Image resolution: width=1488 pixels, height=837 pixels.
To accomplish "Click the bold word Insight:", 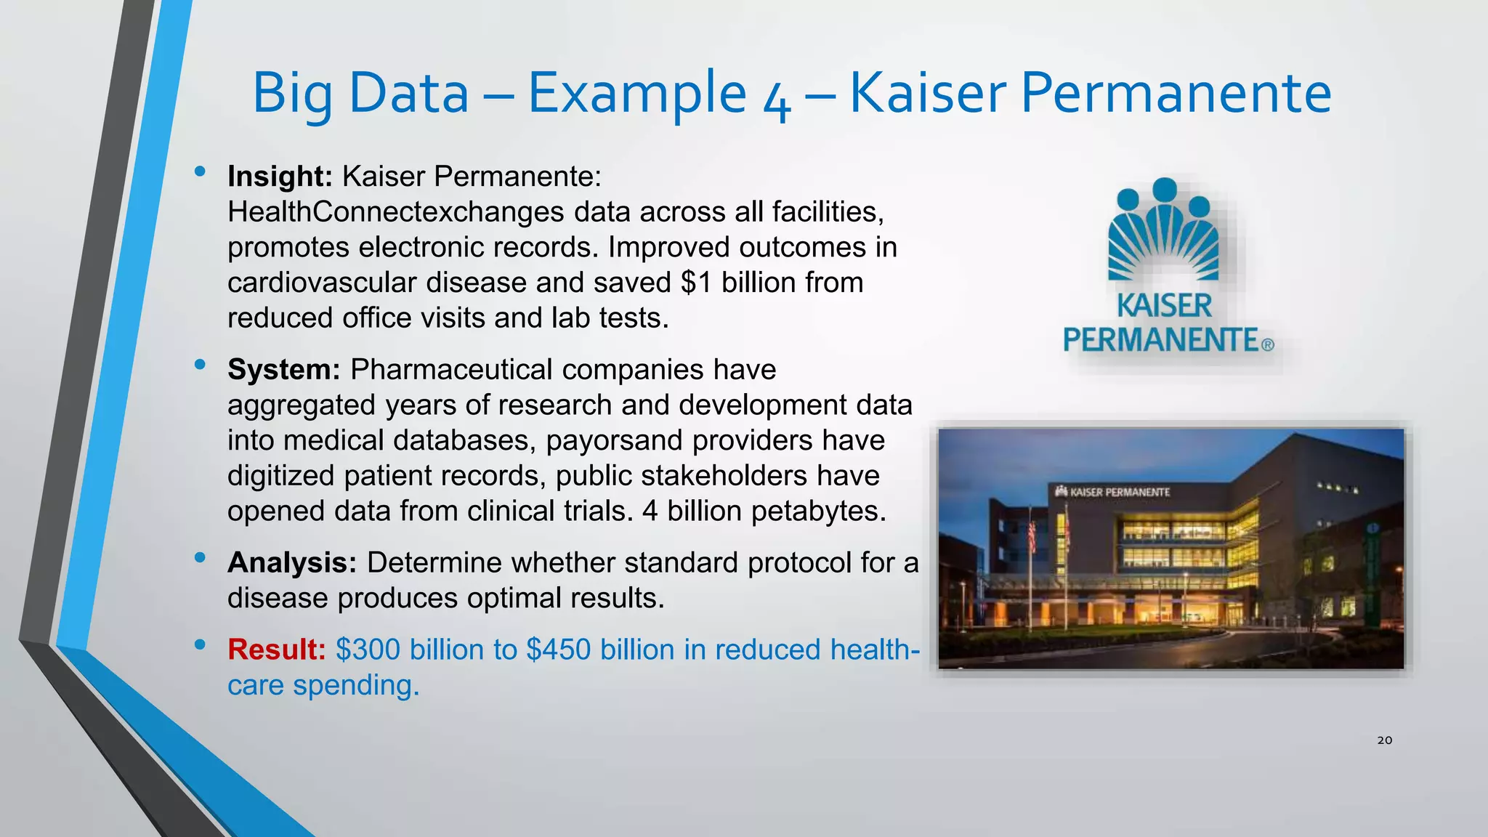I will tap(280, 177).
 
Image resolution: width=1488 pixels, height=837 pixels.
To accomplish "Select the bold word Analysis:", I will tap(291, 563).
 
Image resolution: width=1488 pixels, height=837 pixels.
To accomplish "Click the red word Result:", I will tap(276, 650).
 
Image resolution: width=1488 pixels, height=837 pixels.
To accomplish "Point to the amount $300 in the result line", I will tap(368, 650).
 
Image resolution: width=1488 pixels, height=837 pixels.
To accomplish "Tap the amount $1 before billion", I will tap(696, 283).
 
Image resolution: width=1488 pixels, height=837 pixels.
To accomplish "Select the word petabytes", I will tap(818, 511).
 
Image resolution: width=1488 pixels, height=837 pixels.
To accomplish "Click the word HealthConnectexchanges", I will tap(395, 212).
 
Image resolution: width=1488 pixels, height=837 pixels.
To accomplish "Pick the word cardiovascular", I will tap(322, 283).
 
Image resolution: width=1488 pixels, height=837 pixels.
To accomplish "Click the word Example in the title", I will tap(636, 94).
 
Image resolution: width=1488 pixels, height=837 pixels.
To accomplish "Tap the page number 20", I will tap(1384, 740).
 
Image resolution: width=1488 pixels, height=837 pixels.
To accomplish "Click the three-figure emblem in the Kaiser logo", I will tap(1164, 230).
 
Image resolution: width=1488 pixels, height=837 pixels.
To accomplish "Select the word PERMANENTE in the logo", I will tap(1160, 340).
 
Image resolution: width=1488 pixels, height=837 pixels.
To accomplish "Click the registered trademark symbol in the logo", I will tap(1267, 345).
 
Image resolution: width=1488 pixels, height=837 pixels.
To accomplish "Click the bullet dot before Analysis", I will tap(200, 558).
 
